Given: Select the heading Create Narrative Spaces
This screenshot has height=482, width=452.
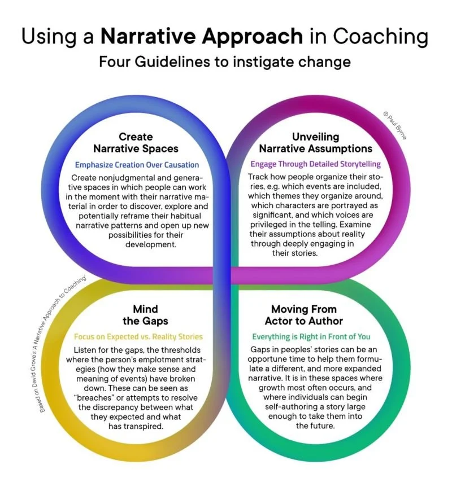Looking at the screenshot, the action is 136,143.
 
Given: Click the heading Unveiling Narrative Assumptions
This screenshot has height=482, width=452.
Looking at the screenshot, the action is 315,143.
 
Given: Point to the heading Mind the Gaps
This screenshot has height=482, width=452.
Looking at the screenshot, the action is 145,316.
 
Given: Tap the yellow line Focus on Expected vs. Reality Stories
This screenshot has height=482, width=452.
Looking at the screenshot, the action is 138,337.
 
